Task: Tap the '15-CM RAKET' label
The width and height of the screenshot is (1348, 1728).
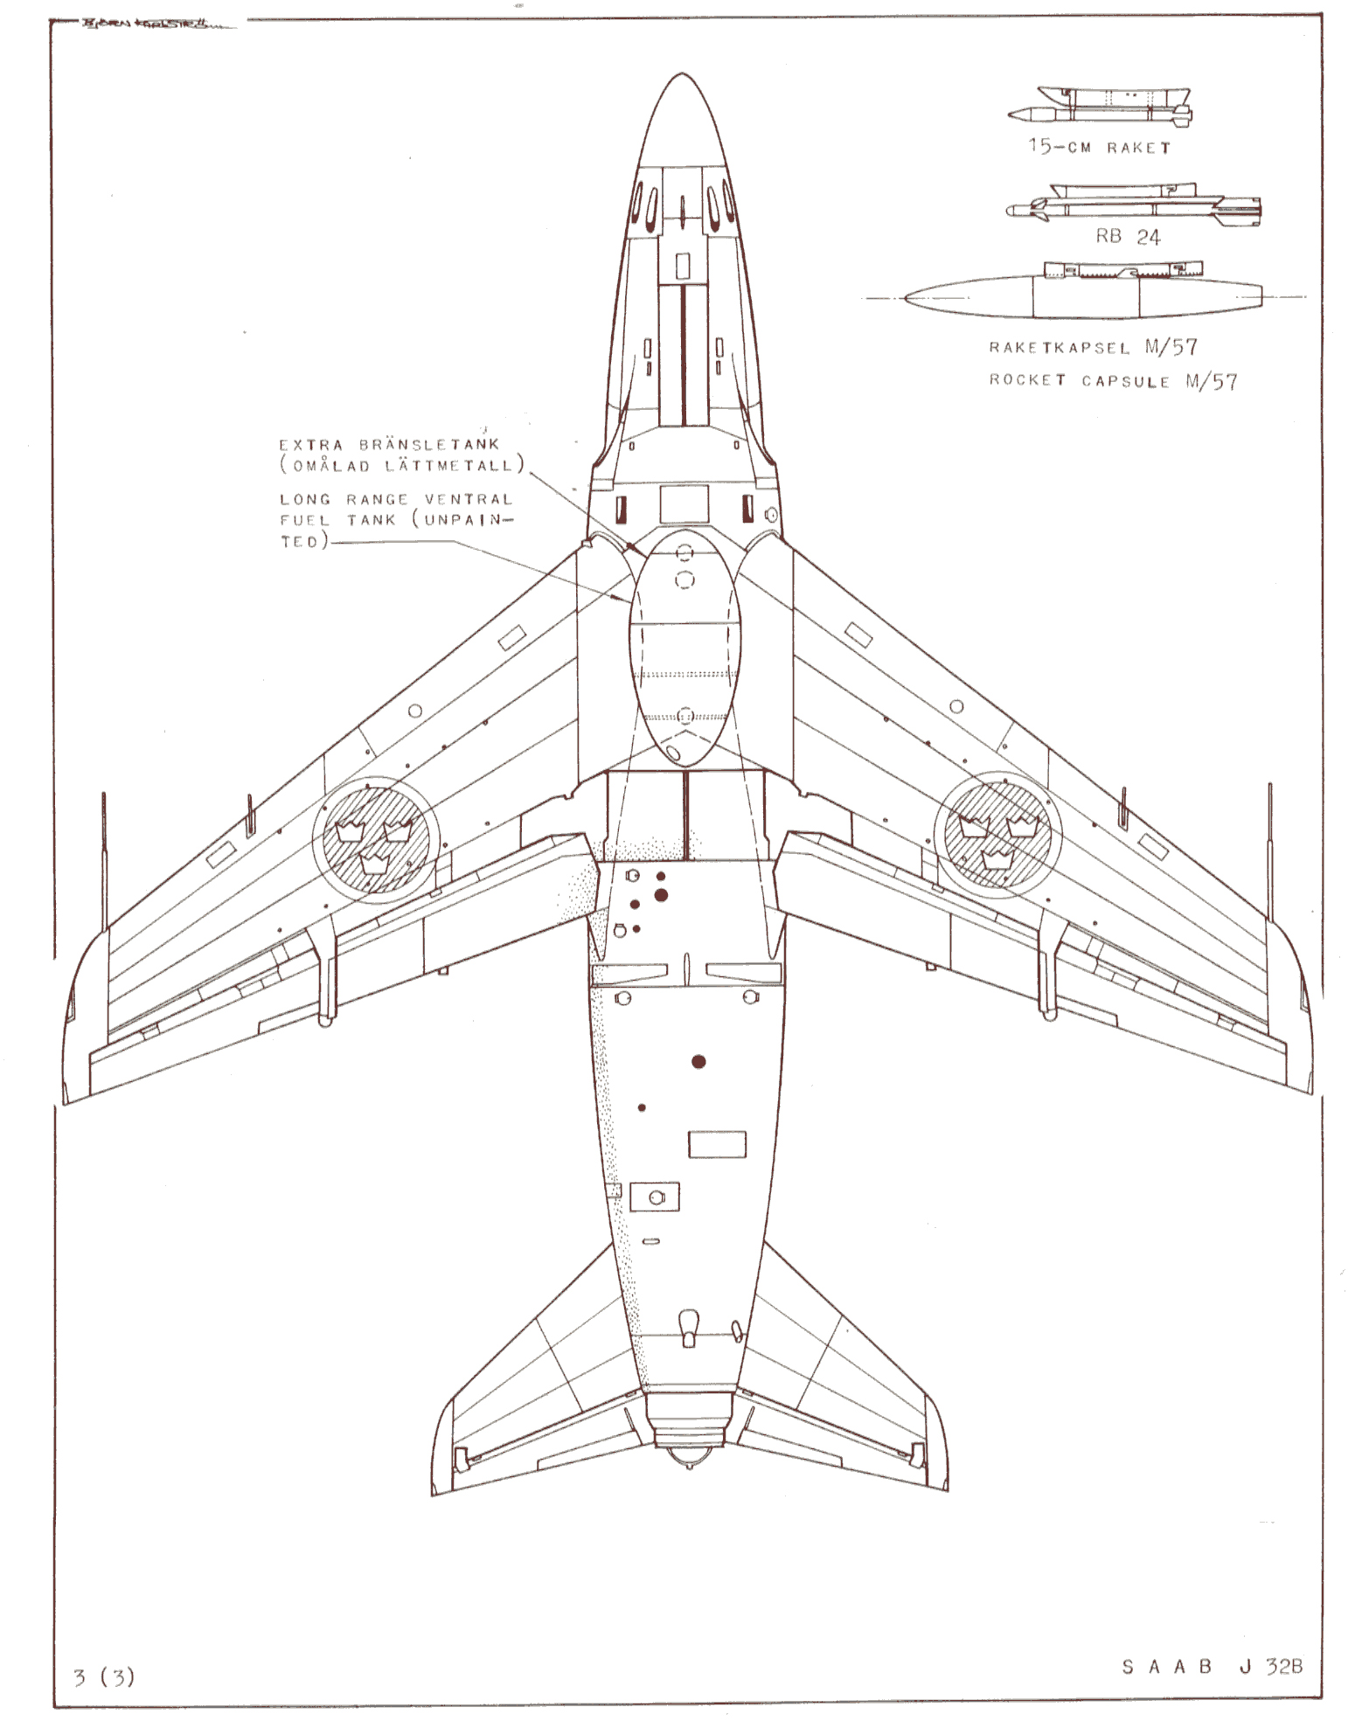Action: [1099, 147]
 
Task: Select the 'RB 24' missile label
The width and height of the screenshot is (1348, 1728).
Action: [1128, 236]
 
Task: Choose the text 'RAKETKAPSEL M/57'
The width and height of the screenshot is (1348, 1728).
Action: [1093, 347]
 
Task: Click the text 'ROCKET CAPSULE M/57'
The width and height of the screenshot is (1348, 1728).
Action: [1113, 381]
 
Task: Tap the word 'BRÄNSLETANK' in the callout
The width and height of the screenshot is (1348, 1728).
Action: [428, 444]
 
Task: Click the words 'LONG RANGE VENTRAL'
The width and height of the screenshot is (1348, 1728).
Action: [396, 499]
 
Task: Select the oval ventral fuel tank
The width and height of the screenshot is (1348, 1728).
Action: [684, 649]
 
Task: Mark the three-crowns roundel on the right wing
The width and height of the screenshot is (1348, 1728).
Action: [997, 833]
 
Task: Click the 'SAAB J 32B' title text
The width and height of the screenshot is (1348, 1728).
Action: [1212, 1666]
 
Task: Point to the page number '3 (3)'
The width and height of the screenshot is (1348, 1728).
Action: [104, 1676]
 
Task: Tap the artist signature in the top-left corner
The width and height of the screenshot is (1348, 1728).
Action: [144, 24]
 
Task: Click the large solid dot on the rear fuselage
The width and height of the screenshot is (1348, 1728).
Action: [698, 1062]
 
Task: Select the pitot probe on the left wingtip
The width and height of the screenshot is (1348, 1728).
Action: [104, 861]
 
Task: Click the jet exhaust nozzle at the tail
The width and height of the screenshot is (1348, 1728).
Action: [691, 1440]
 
